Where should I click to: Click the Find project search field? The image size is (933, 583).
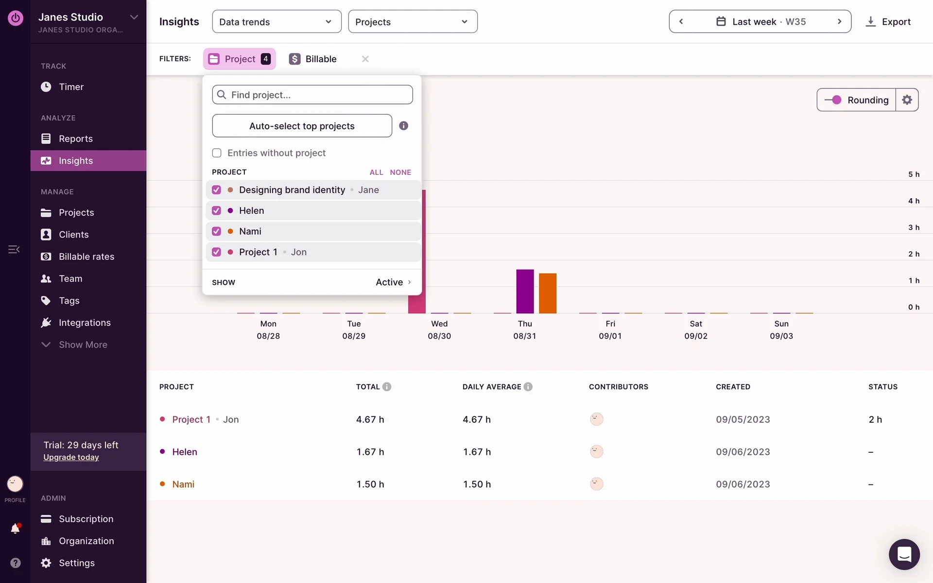(x=312, y=95)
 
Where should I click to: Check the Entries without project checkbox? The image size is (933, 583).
(x=217, y=153)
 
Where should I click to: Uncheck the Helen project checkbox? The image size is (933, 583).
(x=217, y=210)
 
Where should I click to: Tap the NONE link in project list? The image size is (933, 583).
(x=400, y=172)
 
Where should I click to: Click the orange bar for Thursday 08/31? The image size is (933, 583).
(x=548, y=293)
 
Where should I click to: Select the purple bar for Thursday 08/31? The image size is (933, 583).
(x=525, y=291)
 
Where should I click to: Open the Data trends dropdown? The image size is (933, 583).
(x=276, y=22)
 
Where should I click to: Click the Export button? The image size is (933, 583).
(x=888, y=22)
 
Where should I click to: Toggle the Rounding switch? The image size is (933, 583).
(x=833, y=100)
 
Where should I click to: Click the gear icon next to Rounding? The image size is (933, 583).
(x=907, y=100)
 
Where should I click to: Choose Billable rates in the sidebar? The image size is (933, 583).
(x=86, y=257)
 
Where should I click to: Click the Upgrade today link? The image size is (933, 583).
(x=71, y=457)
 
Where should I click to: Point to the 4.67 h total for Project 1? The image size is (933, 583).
(x=370, y=419)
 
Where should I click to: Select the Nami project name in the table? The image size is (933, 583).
(x=183, y=484)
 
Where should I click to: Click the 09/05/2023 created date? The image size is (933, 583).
(x=743, y=419)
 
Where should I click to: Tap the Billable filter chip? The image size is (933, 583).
(x=313, y=59)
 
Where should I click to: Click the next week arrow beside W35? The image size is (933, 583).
(x=839, y=22)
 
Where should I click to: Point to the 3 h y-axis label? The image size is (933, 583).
(x=914, y=227)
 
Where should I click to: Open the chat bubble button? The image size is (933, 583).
(x=904, y=554)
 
